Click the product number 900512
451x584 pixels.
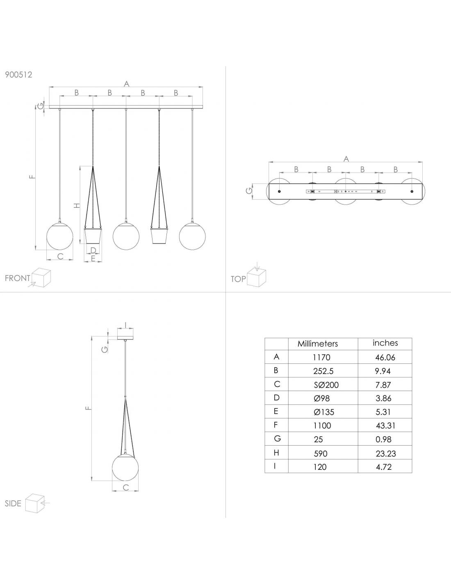(x=18, y=75)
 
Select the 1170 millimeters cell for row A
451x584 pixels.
(x=321, y=357)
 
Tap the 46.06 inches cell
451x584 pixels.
(x=385, y=357)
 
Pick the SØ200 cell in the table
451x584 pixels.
(x=326, y=385)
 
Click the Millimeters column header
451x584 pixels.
(x=318, y=344)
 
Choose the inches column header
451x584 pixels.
(x=385, y=343)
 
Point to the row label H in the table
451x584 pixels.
(x=276, y=453)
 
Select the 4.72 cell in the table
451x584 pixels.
(x=384, y=467)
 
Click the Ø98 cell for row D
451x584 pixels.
(x=322, y=398)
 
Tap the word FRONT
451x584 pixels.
(x=18, y=278)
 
